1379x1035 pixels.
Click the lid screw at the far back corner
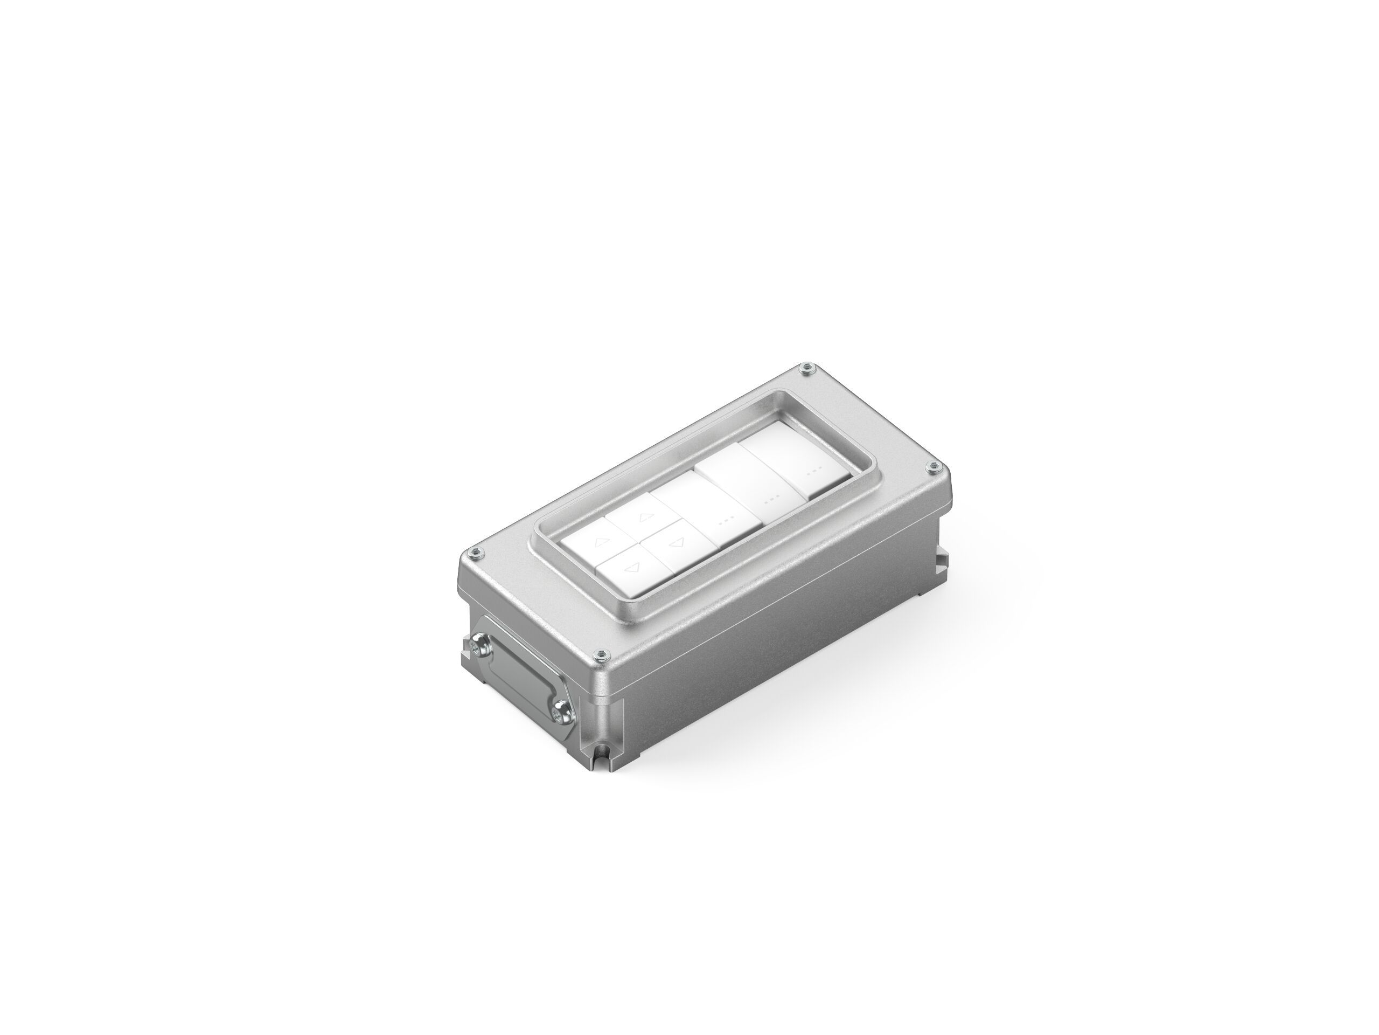[808, 369]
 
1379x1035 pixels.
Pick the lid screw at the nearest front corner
[601, 654]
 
